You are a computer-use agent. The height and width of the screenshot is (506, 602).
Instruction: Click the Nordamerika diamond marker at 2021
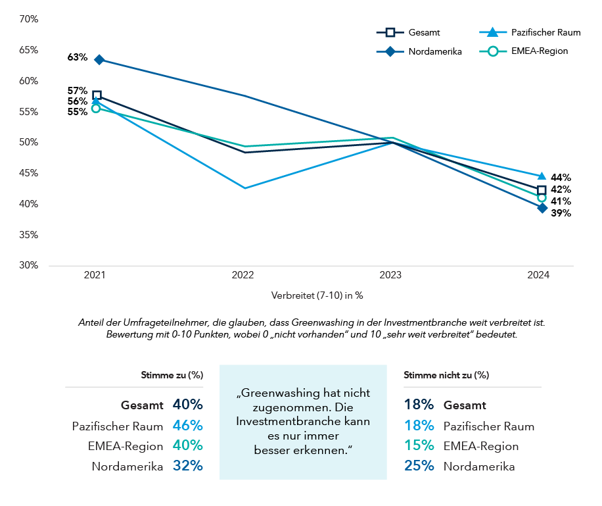(99, 60)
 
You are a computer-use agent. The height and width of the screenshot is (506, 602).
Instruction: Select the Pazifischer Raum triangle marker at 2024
(542, 176)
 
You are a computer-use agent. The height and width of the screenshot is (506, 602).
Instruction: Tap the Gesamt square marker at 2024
(542, 190)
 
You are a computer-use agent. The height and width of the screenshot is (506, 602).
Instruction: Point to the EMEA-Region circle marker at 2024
(542, 197)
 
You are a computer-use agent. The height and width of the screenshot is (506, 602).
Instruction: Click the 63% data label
(77, 57)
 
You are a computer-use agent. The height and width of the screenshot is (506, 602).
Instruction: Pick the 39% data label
(561, 213)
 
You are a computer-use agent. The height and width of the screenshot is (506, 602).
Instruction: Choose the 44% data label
(561, 177)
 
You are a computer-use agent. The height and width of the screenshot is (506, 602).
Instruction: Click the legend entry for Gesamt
(408, 32)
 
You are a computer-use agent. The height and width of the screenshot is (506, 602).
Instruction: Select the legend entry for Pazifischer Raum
(530, 32)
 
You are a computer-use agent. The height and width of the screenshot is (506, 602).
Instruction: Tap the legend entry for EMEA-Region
(526, 51)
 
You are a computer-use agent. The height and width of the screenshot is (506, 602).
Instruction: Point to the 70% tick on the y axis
(29, 20)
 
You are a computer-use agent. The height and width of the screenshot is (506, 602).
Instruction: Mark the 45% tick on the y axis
(29, 174)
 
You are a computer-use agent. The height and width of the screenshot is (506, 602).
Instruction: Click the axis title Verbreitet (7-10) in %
(317, 295)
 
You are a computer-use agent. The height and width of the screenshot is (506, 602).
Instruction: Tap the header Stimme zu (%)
(172, 375)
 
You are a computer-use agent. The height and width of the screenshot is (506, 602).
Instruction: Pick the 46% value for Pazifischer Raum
(187, 426)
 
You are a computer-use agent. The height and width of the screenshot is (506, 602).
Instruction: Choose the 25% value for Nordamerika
(419, 467)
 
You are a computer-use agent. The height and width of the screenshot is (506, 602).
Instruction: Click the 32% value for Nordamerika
(187, 467)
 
